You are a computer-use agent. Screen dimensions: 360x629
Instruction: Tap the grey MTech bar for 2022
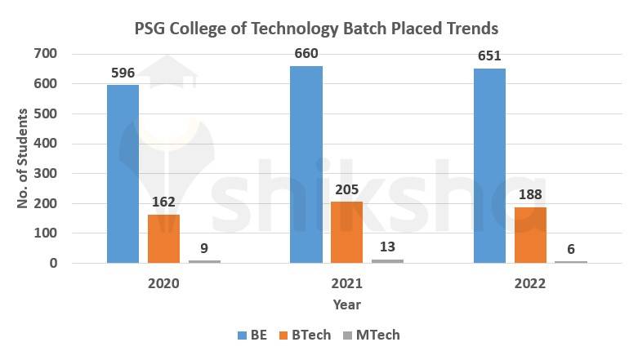coord(570,261)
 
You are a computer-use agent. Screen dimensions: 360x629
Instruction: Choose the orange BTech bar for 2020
coord(163,239)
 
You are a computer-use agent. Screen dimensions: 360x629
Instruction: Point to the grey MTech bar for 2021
coord(387,260)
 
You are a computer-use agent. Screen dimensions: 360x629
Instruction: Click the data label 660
coord(306,54)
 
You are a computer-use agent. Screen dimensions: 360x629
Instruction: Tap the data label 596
coord(123,73)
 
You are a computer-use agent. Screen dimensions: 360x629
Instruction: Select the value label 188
coord(529,194)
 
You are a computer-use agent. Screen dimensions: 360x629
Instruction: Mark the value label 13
coord(387,247)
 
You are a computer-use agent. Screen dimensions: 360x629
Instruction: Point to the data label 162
coord(163,202)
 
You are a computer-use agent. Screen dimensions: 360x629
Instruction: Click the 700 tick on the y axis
coord(46,54)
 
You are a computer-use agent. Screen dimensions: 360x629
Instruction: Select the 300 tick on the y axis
coord(46,174)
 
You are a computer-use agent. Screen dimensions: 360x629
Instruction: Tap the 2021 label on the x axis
coord(346,284)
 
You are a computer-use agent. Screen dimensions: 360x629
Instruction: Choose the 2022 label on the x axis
coord(529,284)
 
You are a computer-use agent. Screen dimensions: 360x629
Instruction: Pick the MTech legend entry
coord(377,335)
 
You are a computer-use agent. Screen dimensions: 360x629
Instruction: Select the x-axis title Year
coord(346,304)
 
